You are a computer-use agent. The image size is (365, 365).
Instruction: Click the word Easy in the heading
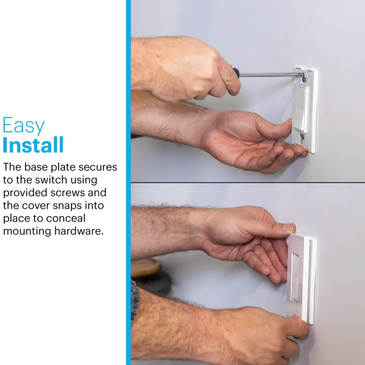pos(23,125)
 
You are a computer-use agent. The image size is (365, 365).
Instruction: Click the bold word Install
pos(33,144)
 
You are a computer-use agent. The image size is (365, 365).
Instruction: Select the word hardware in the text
pos(79,231)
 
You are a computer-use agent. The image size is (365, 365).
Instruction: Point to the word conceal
pos(66,218)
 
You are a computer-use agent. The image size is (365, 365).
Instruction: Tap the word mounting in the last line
pos(27,231)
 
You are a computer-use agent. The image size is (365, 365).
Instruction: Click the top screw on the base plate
pos(304,79)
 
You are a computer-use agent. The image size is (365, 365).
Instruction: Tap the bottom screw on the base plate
pos(302,136)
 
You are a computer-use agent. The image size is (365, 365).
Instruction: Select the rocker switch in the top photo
pos(301,109)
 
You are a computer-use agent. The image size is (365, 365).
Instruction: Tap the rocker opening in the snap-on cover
pos(295,278)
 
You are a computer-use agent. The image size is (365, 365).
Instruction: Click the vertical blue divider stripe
pos(128,182)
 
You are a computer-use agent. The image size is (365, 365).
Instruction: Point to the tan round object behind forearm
pos(146,268)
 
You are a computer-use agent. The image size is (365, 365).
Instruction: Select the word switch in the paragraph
pos(51,180)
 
